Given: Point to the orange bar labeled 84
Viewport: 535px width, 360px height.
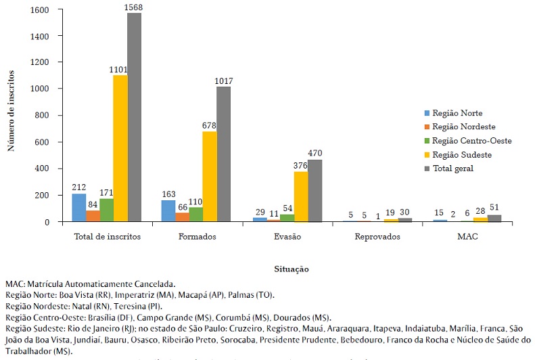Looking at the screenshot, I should coord(92,216).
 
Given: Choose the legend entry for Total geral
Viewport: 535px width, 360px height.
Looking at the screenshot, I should coord(453,168).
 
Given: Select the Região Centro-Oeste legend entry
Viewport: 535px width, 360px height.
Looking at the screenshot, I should coord(467,140).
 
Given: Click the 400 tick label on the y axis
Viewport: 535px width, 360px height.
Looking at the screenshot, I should coord(42,168).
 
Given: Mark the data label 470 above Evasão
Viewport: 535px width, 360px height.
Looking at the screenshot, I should coord(316,153).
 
